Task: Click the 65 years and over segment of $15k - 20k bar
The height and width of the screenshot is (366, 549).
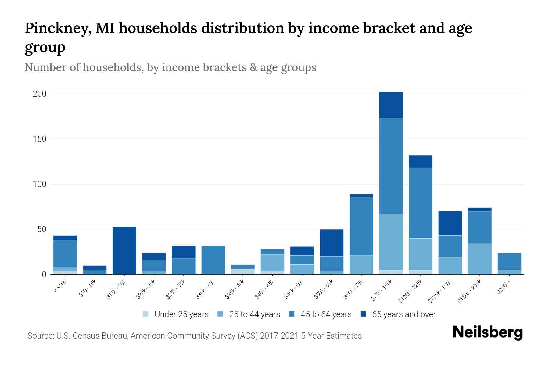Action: click(124, 250)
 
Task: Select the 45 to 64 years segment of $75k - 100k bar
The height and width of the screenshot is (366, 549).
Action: click(391, 166)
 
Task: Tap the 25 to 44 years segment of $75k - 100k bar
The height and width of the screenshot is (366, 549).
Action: click(391, 242)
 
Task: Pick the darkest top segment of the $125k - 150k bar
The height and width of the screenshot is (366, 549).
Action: click(450, 223)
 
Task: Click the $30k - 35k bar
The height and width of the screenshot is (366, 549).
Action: click(213, 260)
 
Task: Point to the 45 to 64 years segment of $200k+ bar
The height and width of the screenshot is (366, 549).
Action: click(509, 261)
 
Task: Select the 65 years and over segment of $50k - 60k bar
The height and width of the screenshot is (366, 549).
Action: click(332, 243)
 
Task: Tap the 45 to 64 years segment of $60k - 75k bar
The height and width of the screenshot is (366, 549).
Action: click(361, 226)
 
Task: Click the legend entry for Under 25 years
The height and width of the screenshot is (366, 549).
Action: click(181, 314)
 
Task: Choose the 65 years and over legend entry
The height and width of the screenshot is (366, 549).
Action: click(404, 314)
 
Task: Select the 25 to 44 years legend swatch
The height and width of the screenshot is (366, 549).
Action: click(220, 314)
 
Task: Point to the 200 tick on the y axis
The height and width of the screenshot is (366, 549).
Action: click(39, 94)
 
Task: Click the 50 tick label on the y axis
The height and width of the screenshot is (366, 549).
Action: click(42, 229)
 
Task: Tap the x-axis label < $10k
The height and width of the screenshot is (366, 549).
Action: click(61, 287)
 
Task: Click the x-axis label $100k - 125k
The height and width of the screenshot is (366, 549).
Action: click(410, 292)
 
